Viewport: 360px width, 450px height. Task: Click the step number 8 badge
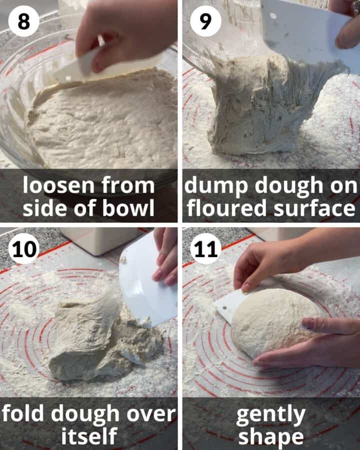pyautogui.click(x=23, y=22)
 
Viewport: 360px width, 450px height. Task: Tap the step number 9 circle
pyautogui.click(x=205, y=22)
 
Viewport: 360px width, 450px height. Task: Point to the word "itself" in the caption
pyautogui.click(x=89, y=436)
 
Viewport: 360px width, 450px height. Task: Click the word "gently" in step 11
pyautogui.click(x=270, y=414)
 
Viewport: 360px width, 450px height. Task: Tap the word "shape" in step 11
pyautogui.click(x=270, y=436)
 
